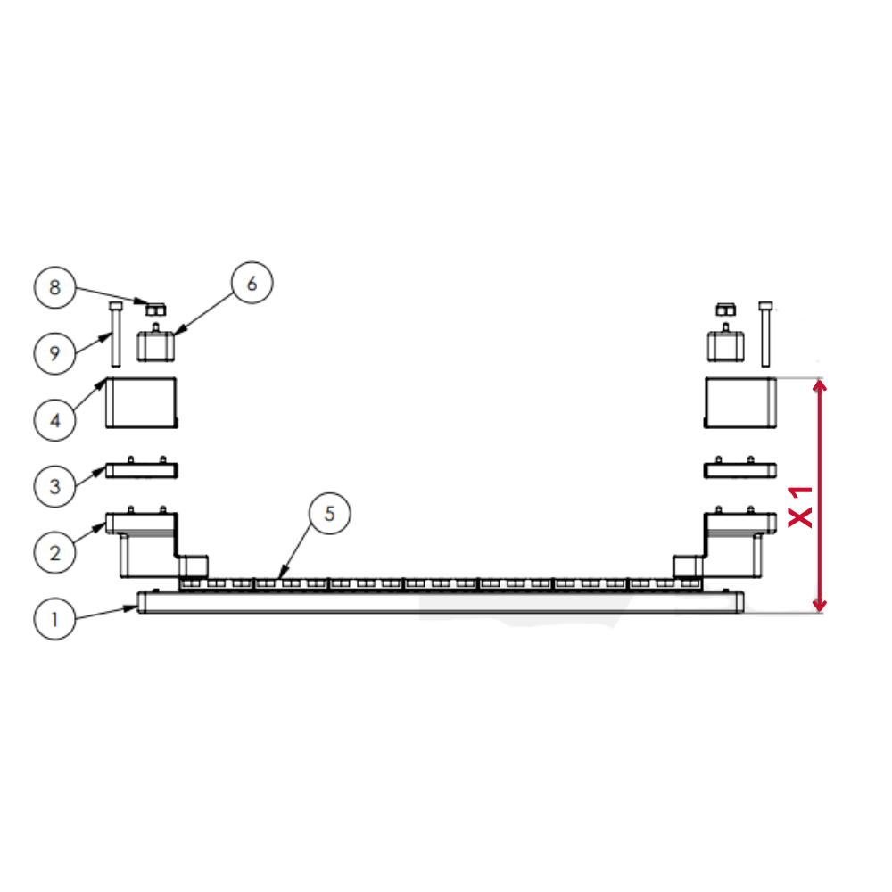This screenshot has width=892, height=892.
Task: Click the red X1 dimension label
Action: tap(800, 507)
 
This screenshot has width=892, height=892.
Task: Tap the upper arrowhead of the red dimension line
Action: tap(819, 385)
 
